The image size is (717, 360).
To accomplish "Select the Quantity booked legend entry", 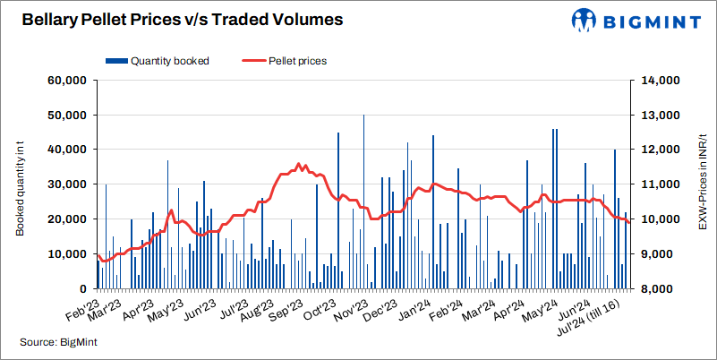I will [x=163, y=61].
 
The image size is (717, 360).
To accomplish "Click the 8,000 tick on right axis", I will [x=659, y=289].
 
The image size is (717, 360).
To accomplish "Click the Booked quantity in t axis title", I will [x=19, y=184].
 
